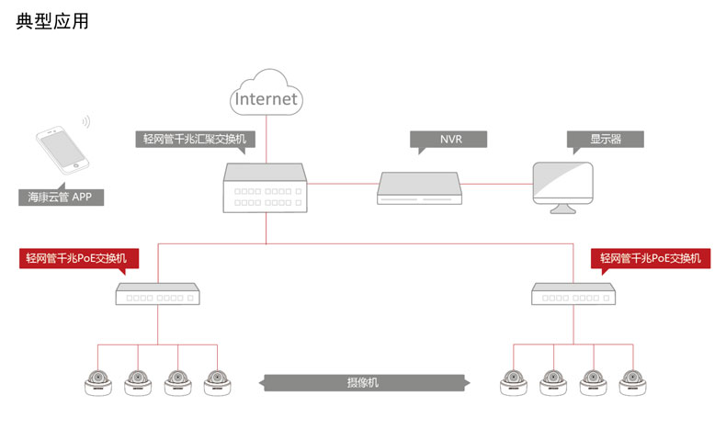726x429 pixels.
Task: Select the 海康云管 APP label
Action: (61, 197)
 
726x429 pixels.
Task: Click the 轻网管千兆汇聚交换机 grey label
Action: (195, 140)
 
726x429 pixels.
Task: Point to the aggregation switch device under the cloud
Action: (266, 188)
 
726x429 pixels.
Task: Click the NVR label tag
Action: (449, 140)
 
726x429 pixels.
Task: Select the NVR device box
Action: (419, 187)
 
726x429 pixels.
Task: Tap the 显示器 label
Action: (605, 140)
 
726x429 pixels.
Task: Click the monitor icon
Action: (562, 186)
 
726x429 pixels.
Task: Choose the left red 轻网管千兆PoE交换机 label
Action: (78, 258)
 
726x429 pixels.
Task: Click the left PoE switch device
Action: (157, 295)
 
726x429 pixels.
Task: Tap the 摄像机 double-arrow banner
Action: (362, 382)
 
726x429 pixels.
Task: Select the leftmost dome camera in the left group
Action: (98, 383)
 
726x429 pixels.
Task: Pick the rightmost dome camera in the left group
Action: (217, 383)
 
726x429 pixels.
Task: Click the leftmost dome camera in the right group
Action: (514, 383)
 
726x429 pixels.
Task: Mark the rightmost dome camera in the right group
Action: (632, 383)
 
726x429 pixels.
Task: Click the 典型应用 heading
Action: (53, 21)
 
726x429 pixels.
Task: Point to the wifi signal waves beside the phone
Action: (85, 122)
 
